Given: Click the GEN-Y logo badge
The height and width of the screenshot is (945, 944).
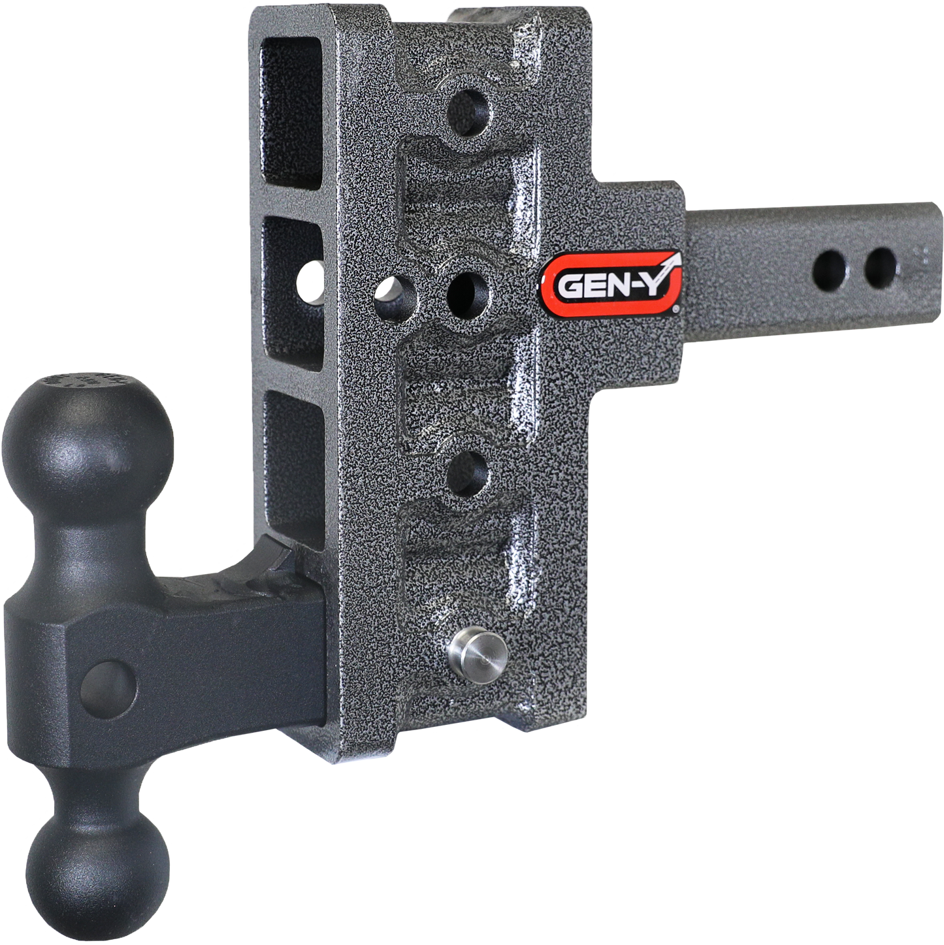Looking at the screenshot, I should tap(611, 283).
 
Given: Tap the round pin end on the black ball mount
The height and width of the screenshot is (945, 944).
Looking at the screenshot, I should tap(109, 686).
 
